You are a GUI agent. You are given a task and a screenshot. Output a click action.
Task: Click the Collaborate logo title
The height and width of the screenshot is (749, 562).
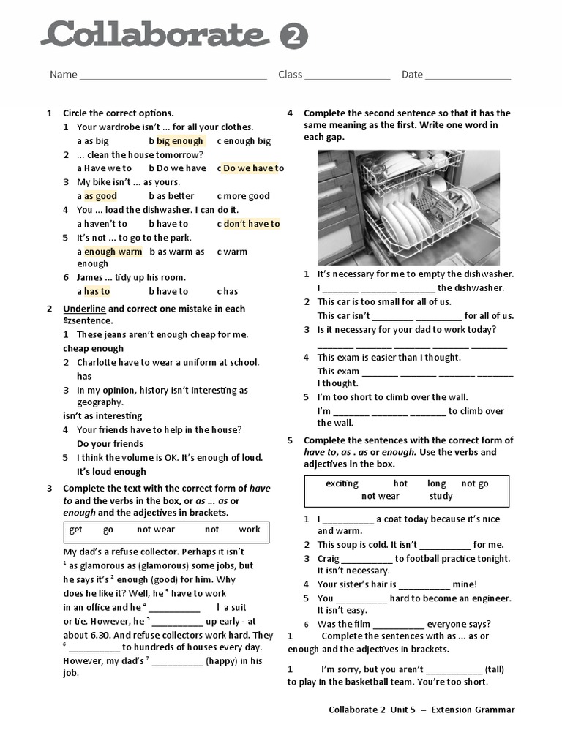[154, 34]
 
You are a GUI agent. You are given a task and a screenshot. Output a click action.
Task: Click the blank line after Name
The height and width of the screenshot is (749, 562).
[173, 76]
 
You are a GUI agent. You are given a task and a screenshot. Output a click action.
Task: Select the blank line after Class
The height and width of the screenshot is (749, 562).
[347, 76]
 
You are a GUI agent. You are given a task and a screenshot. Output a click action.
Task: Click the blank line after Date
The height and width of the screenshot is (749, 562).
[468, 76]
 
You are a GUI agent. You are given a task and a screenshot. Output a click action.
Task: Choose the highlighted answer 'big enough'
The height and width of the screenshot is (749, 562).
[179, 140]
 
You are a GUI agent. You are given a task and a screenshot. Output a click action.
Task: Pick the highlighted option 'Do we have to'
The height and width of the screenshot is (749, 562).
[253, 168]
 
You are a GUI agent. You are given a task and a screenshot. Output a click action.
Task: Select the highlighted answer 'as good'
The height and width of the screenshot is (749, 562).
[100, 196]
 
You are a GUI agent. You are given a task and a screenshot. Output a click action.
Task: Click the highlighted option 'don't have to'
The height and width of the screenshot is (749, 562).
[252, 224]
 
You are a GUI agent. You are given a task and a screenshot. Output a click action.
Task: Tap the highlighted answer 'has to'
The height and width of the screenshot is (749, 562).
[97, 291]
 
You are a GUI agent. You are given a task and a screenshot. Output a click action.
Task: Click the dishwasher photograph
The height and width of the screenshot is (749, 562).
[408, 208]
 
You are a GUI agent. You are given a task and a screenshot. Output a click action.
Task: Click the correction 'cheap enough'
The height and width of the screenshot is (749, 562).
[93, 348]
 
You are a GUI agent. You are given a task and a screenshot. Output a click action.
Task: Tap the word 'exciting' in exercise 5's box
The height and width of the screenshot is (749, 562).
[342, 483]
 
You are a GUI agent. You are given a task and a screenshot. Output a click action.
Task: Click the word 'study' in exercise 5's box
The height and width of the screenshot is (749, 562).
[441, 496]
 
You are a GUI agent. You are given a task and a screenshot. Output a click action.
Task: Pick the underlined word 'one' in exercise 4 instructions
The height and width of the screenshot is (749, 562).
[454, 125]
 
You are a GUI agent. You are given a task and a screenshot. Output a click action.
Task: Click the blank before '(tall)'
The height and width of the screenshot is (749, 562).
[454, 669]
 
